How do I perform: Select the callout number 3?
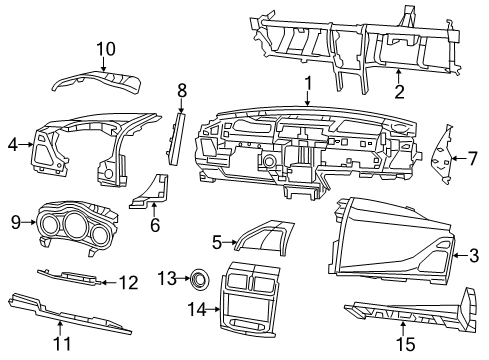click(474, 255)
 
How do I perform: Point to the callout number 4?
click(13, 145)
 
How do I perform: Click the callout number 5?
click(216, 241)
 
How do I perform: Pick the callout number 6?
click(155, 226)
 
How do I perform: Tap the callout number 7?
click(473, 157)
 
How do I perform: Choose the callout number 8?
click(181, 91)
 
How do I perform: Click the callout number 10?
click(105, 47)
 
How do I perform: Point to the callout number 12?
click(128, 283)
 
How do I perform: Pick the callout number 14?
click(197, 311)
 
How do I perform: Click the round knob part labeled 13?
click(199, 276)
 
